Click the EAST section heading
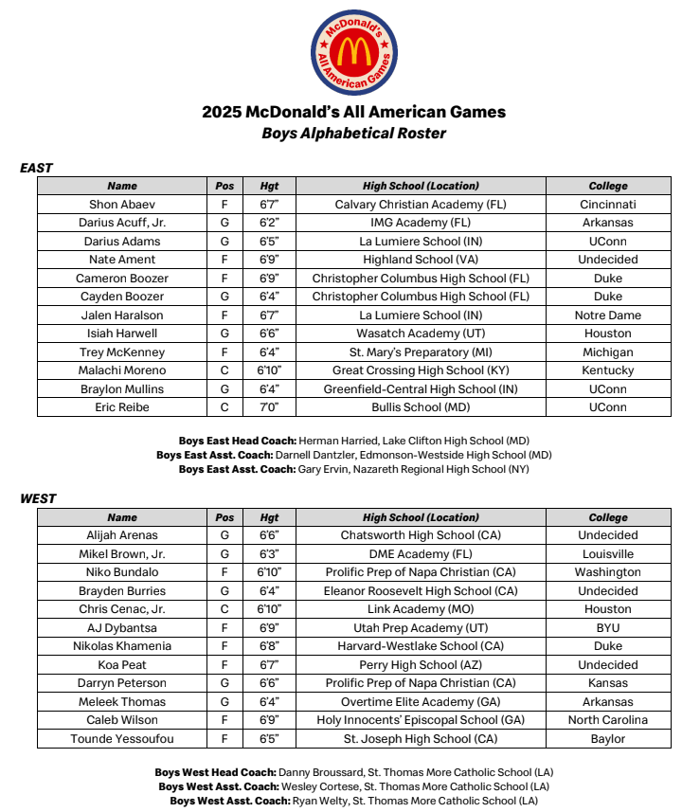click(x=37, y=168)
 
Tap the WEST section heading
click(x=38, y=499)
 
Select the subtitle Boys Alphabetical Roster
click(x=353, y=134)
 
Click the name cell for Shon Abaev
click(x=122, y=205)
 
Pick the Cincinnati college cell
click(x=608, y=205)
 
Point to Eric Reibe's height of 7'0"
click(x=269, y=407)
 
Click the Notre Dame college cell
click(x=608, y=316)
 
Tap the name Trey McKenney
click(x=122, y=352)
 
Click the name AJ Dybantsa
click(x=122, y=628)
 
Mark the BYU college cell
click(x=608, y=628)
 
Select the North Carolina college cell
click(x=608, y=720)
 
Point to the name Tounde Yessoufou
click(x=122, y=739)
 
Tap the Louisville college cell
click(x=608, y=554)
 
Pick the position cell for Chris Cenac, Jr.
click(x=224, y=609)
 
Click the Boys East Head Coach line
click(x=353, y=441)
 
